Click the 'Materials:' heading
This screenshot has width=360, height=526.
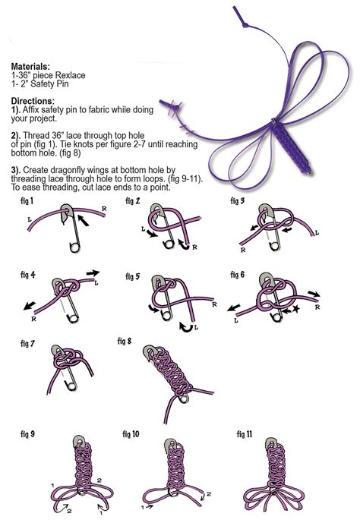coord(30,66)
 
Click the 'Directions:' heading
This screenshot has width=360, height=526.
coord(32,101)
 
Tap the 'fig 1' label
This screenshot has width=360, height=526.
coord(27,201)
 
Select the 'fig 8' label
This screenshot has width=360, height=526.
coord(125,341)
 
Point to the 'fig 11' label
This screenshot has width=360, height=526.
coord(244,434)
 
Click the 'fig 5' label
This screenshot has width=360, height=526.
coord(133,276)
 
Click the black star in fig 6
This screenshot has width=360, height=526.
coord(295,309)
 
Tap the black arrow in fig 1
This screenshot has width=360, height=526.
coord(83,220)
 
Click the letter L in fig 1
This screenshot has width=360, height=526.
coord(30,219)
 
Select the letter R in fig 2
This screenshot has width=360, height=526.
coord(194,247)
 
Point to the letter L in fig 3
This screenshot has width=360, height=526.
coord(317,233)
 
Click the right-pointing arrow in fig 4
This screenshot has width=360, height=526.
coord(93,272)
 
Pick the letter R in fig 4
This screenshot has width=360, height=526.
coord(33,319)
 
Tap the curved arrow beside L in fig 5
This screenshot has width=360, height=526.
coord(186,327)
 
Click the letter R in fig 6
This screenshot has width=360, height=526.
coord(317,307)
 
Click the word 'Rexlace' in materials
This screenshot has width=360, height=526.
coord(70,75)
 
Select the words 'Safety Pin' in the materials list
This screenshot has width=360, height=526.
coord(49,83)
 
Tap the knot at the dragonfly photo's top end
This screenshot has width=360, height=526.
coord(245,25)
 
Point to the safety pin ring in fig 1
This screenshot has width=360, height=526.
coord(74,247)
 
